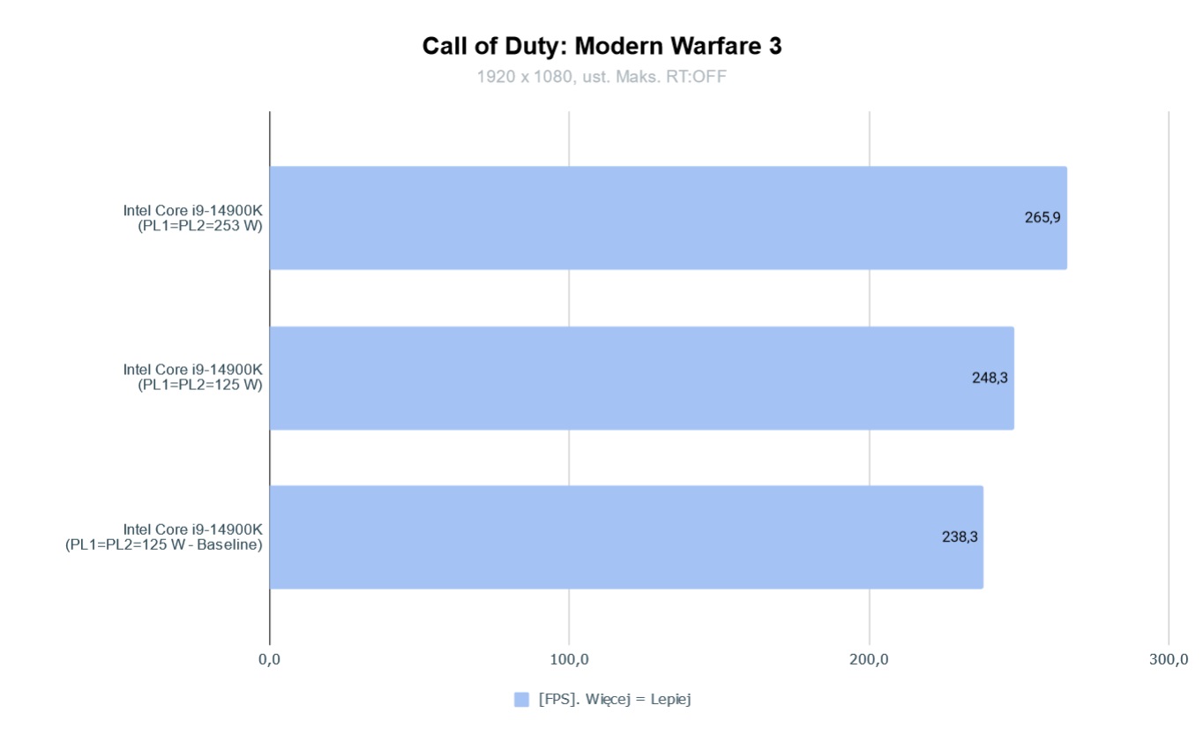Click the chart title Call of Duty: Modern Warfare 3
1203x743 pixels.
click(601, 47)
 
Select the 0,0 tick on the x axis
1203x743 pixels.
click(269, 659)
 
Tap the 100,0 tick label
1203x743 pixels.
click(569, 659)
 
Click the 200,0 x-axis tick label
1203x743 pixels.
click(870, 659)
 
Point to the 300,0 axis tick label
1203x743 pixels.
click(1169, 659)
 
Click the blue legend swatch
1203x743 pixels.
click(521, 699)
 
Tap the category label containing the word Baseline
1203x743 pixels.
click(165, 545)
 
